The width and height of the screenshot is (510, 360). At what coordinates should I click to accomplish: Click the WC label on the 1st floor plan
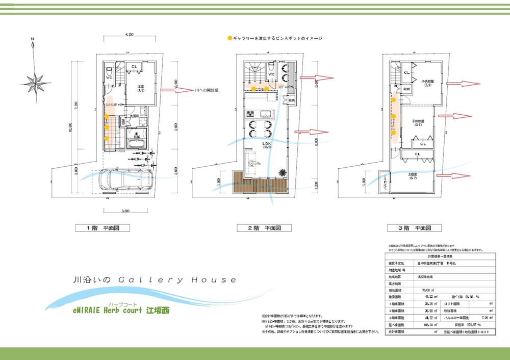(109, 78)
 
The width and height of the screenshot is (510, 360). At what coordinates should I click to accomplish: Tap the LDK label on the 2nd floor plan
(265, 144)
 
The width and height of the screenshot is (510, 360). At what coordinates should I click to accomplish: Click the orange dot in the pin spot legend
(229, 38)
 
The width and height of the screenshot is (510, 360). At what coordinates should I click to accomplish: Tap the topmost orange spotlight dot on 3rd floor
(394, 100)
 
